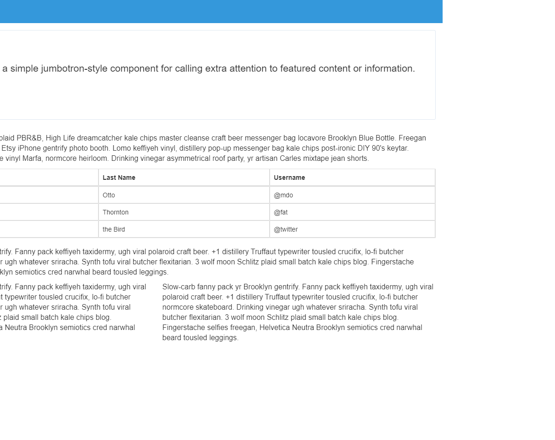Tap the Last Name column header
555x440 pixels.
[119, 177]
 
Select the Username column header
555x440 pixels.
[289, 177]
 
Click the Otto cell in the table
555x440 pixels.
[109, 195]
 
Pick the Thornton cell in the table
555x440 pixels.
[116, 212]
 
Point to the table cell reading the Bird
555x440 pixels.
[114, 229]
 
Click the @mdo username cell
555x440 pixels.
[283, 195]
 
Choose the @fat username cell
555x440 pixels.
[281, 212]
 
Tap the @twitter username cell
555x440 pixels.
[286, 229]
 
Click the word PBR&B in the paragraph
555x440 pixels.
[30, 138]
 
